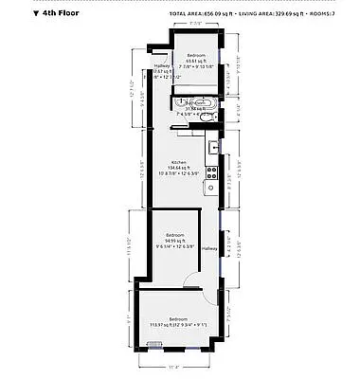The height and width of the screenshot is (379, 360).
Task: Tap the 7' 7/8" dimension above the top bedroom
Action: (x=197, y=24)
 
